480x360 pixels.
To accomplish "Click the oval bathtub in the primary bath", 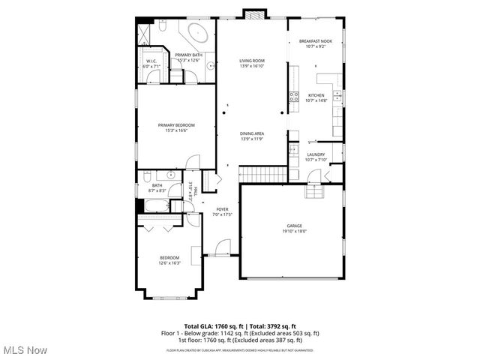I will click(x=199, y=34).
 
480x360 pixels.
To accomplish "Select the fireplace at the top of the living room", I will click(x=252, y=13).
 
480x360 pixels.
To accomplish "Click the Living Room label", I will click(x=251, y=61).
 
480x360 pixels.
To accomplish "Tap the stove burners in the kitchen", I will click(x=294, y=96).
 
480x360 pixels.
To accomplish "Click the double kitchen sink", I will click(x=337, y=96).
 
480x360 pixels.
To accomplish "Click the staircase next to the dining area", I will click(x=262, y=175).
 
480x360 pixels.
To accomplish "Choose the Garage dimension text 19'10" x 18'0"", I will click(x=293, y=231).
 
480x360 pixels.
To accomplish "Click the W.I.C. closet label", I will click(x=151, y=61).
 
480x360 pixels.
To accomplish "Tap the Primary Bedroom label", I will click(x=176, y=124).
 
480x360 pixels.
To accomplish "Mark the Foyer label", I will click(x=222, y=209).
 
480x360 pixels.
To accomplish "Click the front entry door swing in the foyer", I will click(x=222, y=247).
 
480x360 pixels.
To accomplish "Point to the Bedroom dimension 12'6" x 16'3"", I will click(x=169, y=263).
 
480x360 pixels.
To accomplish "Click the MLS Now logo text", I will click(x=24, y=350).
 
